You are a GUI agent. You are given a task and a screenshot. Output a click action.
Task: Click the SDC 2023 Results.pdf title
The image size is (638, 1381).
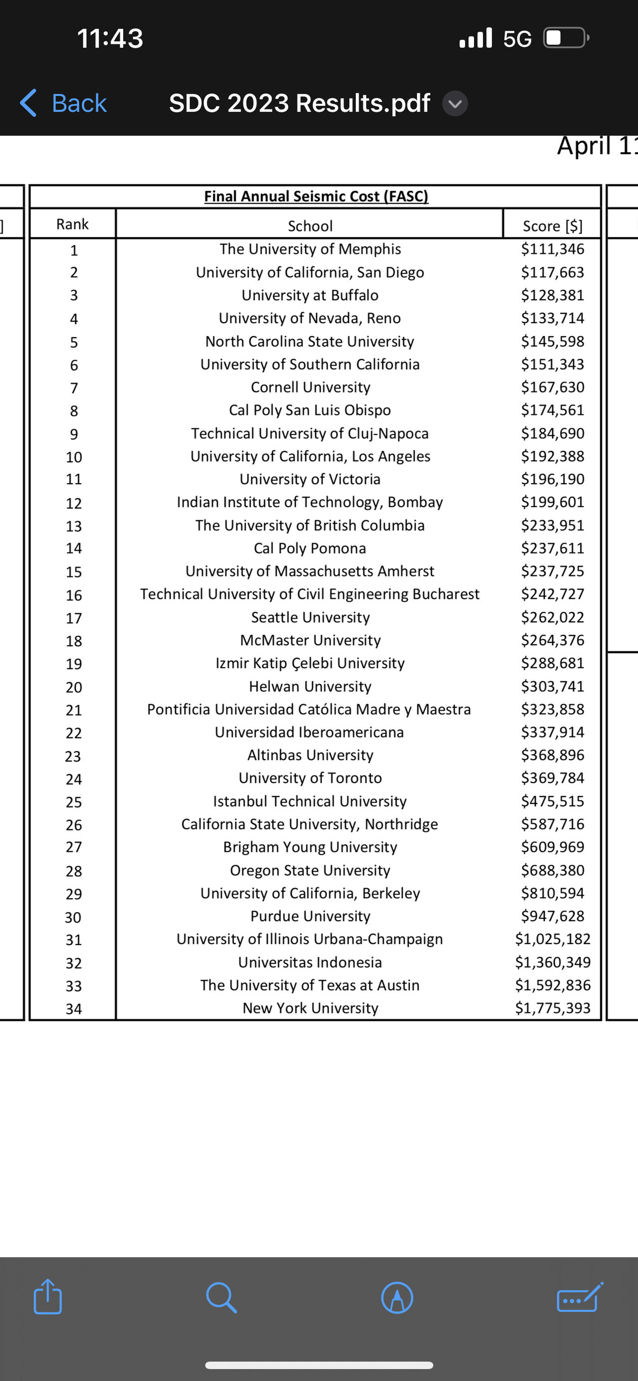pos(300,103)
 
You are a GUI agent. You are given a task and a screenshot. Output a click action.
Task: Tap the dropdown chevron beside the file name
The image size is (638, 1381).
pos(455,103)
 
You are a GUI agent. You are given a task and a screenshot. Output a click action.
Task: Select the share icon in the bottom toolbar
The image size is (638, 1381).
pos(48,1297)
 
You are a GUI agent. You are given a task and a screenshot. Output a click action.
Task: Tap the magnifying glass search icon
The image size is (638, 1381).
pos(221,1297)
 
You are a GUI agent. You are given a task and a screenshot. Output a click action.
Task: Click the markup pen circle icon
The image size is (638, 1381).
pos(397,1297)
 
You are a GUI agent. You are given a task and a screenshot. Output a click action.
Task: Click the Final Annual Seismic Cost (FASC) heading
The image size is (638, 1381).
pos(316,196)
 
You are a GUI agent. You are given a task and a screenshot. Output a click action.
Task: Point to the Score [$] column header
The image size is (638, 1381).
pos(552,226)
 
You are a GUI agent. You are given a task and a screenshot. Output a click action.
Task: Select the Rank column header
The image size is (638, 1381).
pos(72,224)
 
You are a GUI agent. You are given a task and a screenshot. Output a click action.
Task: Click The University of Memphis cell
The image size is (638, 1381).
pos(310,249)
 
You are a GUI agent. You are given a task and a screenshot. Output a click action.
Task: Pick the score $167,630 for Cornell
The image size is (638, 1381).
pos(552,387)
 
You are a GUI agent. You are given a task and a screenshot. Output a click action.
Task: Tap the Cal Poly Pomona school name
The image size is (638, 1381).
pos(310,548)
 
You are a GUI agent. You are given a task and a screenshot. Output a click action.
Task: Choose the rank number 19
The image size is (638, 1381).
pos(74,664)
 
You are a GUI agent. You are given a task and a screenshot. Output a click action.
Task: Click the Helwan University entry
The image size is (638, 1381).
pos(310,686)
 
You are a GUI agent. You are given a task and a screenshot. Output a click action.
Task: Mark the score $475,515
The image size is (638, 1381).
pos(552,801)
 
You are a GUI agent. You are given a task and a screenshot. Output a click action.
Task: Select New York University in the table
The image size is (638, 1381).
pos(310,1008)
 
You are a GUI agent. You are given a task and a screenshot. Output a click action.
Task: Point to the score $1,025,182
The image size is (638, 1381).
pos(552,939)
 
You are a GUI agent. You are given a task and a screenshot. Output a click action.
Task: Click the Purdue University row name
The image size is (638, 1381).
pos(310,916)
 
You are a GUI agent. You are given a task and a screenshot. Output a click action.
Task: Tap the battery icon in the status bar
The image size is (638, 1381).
pos(566,38)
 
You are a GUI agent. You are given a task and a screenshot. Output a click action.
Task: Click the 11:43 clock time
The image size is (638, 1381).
pos(110,38)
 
